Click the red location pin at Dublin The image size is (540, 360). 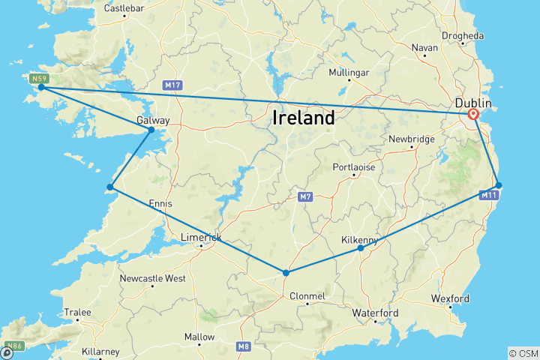click(x=473, y=115)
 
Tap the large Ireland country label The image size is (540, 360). click(x=303, y=118)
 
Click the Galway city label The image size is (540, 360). click(x=153, y=120)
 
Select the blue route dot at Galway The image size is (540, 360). click(x=151, y=130)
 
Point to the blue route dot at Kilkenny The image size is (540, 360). click(x=361, y=248)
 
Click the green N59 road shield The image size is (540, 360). click(x=40, y=78)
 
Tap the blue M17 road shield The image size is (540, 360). click(x=172, y=85)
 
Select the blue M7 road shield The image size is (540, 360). click(x=302, y=196)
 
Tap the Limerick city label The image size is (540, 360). click(x=201, y=238)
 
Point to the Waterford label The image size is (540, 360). click(x=377, y=313)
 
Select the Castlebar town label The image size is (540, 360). click(x=124, y=9)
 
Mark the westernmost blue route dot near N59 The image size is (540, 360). click(x=41, y=88)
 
